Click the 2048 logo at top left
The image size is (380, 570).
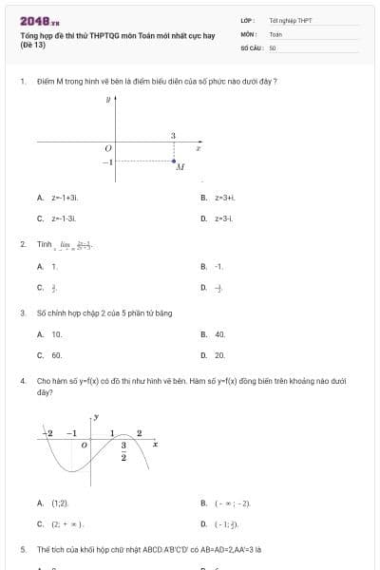pyautogui.click(x=39, y=20)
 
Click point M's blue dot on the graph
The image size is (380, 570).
pyautogui.click(x=173, y=160)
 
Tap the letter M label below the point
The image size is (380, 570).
pyautogui.click(x=179, y=167)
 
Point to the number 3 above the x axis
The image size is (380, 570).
pyautogui.click(x=173, y=136)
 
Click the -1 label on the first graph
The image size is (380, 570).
pyautogui.click(x=108, y=161)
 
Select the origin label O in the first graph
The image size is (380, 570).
pyautogui.click(x=108, y=148)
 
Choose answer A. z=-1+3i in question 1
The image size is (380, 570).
pyautogui.click(x=57, y=198)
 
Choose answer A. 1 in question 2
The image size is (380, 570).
pyautogui.click(x=48, y=267)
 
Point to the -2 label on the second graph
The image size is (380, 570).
pyautogui.click(x=49, y=432)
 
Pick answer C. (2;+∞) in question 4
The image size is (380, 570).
pyautogui.click(x=62, y=523)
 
